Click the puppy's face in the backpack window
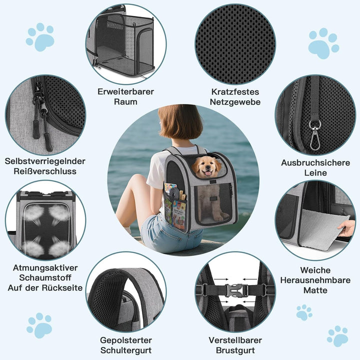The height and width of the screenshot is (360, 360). coord(204,167)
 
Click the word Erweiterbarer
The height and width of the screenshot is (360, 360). coord(126,91)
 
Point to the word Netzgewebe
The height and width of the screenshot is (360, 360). coord(235,102)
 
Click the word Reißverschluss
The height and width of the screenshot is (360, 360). coord(45,171)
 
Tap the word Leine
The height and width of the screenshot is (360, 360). coord(315,172)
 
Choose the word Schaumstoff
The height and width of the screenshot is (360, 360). coord(45,277)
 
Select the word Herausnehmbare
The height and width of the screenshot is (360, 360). coord(315,280)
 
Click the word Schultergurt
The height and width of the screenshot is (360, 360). coord(126,350)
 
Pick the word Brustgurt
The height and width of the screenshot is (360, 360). coord(235,350)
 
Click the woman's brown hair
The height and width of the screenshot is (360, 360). coord(180,122)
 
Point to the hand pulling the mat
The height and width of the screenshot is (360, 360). coord(346,228)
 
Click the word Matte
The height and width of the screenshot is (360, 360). coord(315,290)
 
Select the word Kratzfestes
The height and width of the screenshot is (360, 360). coord(235,92)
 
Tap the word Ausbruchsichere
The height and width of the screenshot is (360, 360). coord(315,163)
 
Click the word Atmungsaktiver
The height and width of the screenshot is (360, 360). coord(45,267)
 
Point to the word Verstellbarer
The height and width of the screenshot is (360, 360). coord(235,340)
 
